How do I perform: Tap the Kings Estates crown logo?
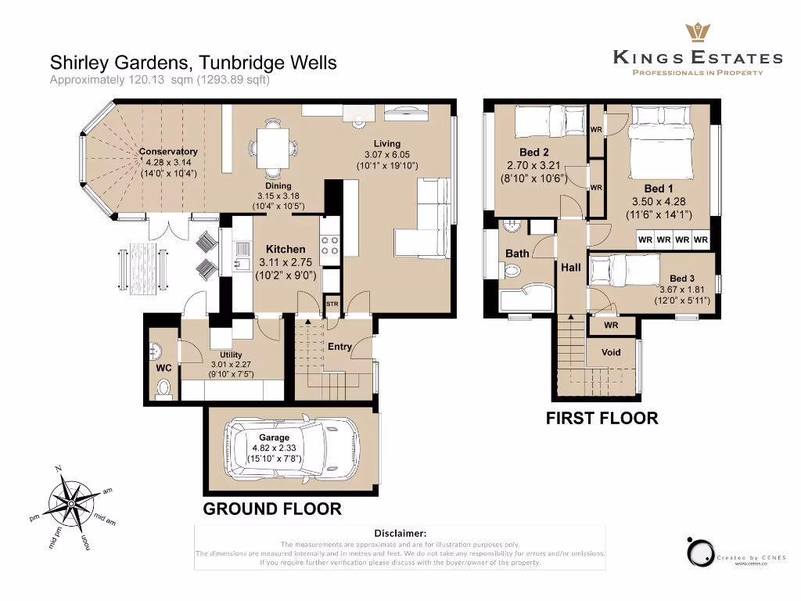696,34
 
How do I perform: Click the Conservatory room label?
168,152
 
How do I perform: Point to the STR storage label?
332,303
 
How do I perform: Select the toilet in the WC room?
164,387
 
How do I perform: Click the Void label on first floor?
611,352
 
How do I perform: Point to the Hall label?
571,268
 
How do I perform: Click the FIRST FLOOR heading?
602,418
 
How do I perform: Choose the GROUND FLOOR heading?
272,509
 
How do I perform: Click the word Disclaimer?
400,533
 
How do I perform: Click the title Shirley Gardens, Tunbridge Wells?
193,62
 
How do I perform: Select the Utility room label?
231,354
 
